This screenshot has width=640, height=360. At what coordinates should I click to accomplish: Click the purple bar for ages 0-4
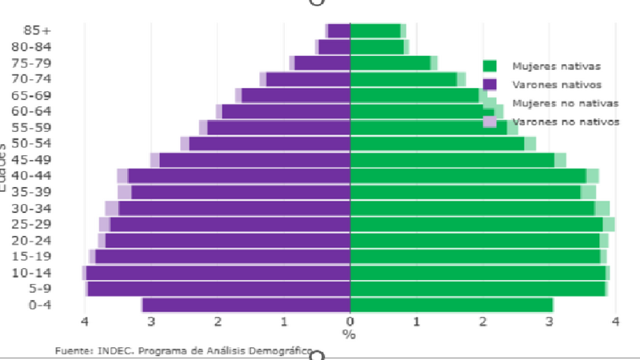click(246, 305)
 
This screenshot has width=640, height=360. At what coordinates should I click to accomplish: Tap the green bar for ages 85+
click(375, 30)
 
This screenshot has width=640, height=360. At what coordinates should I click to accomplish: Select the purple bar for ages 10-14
click(218, 273)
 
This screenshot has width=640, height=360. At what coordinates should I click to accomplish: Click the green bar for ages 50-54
click(437, 143)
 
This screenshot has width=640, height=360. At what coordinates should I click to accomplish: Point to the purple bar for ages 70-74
click(308, 79)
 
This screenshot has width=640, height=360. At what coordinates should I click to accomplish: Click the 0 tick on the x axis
click(350, 322)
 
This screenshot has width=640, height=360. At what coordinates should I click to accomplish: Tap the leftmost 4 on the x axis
click(85, 322)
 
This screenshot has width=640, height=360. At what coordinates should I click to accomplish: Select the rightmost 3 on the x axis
click(550, 322)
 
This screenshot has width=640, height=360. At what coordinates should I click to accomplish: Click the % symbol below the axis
click(349, 334)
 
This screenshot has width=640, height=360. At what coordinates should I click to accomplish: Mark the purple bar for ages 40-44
click(239, 176)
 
